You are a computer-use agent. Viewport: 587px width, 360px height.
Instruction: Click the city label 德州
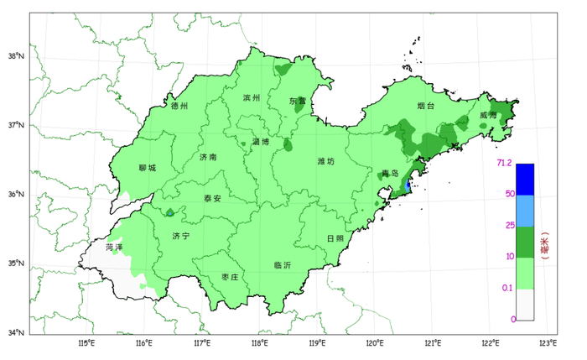tap(179, 107)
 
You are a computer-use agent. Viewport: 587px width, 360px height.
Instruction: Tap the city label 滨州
tap(252, 98)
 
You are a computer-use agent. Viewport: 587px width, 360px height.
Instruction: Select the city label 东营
tap(298, 101)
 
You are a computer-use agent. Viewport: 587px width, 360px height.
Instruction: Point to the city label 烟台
tap(426, 107)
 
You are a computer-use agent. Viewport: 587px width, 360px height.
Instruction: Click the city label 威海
tap(490, 115)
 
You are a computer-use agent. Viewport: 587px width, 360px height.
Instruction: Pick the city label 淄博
tap(261, 142)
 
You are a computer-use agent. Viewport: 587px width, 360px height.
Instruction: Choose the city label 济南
tap(209, 157)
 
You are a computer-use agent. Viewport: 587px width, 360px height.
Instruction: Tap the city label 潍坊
tap(326, 161)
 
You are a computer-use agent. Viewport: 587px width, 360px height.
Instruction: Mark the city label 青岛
tap(390, 174)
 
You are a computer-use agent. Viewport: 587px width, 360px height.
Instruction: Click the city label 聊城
tap(147, 168)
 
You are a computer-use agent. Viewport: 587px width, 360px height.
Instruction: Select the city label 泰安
tap(212, 199)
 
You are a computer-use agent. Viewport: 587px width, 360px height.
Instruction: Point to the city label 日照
tap(335, 238)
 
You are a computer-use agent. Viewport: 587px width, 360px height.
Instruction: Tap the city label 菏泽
tap(114, 248)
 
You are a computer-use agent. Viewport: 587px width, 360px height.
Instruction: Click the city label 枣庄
tap(230, 277)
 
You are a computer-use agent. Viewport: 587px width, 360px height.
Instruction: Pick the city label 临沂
tap(283, 265)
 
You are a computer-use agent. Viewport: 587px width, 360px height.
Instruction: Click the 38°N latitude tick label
tap(16, 56)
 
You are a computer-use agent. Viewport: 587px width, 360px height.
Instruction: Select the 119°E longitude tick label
tap(317, 343)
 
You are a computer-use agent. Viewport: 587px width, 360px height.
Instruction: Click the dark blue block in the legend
tap(525, 180)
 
